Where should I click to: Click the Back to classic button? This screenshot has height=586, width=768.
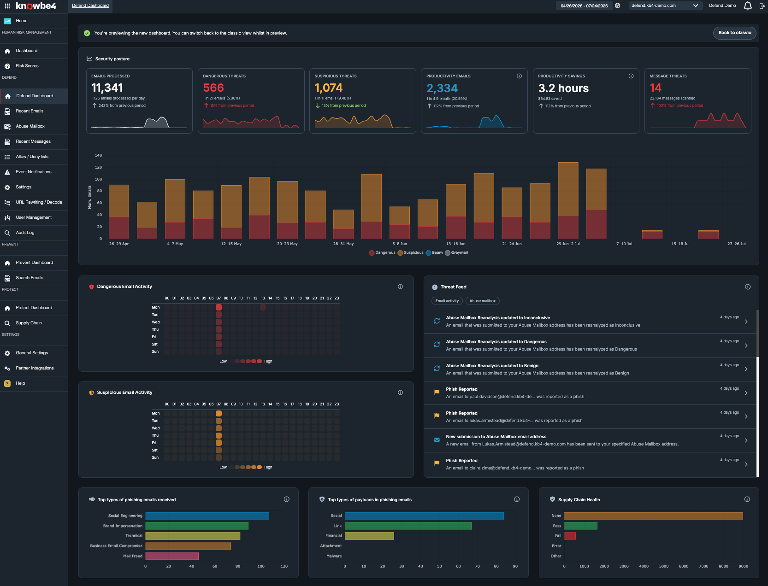coord(734,33)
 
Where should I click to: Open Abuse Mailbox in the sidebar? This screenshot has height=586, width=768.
coord(30,126)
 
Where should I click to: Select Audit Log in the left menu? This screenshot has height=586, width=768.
coord(25,233)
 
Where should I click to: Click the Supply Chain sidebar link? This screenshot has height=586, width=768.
coord(29,323)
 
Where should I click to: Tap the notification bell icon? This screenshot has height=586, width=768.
coord(748,6)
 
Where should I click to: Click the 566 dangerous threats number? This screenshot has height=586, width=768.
coord(213,88)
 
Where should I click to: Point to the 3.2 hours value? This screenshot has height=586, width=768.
coord(563,88)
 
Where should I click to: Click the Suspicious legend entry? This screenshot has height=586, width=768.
coord(410,253)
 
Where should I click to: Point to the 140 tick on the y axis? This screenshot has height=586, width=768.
coord(98,155)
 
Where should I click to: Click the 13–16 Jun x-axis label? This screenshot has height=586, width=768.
coord(455,244)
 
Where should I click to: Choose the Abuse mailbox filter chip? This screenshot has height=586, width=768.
coord(483,301)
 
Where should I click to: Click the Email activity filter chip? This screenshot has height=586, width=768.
coord(447,301)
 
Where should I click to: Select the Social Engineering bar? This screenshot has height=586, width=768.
coord(207,516)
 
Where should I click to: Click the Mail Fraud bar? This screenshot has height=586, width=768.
coord(172,556)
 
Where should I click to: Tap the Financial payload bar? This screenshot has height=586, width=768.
coord(369,536)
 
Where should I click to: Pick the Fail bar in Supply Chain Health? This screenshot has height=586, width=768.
coord(570,536)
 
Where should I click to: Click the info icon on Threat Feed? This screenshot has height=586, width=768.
coord(748,287)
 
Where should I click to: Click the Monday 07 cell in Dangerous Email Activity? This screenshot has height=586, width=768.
coord(219,307)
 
